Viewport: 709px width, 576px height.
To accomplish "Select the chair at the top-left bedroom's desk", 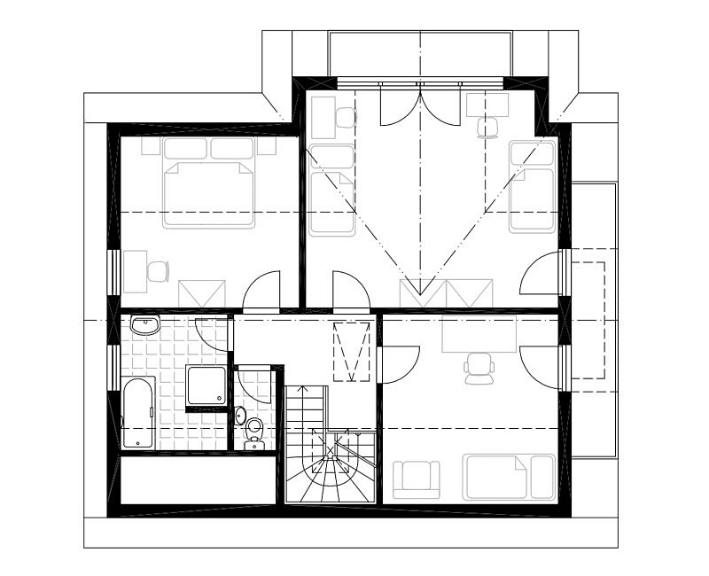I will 158,271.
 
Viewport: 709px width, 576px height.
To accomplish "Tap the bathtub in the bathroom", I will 138,414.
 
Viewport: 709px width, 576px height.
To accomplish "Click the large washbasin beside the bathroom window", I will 144,326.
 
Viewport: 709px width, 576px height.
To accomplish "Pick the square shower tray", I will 206,385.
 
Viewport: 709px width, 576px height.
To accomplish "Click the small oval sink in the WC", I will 240,416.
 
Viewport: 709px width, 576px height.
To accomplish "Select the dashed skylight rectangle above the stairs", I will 350,352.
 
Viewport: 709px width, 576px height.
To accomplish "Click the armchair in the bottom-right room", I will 416,479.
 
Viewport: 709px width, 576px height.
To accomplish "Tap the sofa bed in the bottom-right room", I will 509,478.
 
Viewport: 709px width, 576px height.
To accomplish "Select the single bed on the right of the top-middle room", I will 532,186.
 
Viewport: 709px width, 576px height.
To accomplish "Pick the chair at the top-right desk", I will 488,127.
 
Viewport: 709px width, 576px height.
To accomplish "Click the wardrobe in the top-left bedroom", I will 202,293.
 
